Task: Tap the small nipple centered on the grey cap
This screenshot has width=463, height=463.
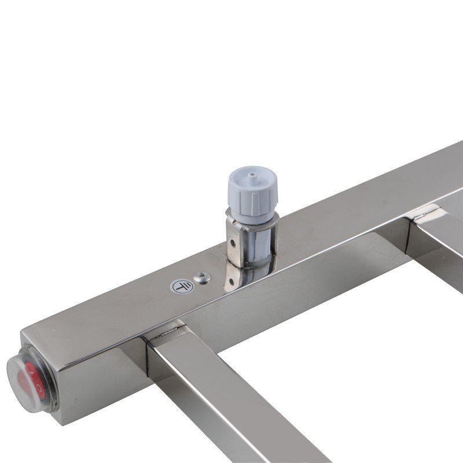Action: tap(253, 173)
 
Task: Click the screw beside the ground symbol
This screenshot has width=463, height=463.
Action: tap(201, 278)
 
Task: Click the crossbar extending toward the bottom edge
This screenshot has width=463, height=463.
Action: tap(231, 405)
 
